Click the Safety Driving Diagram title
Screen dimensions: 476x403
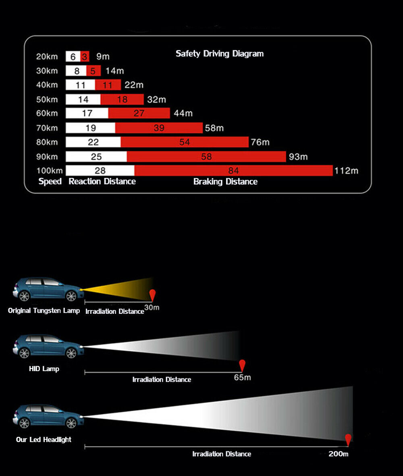(220, 54)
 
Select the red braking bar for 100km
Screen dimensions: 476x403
(233, 171)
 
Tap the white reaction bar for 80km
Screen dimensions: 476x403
(93, 142)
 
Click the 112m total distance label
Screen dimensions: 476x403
(346, 171)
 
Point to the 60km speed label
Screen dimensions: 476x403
(47, 113)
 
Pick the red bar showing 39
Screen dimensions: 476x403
(159, 128)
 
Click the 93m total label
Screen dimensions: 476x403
(298, 157)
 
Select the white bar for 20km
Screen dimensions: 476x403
(73, 57)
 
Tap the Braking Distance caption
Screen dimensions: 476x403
(225, 182)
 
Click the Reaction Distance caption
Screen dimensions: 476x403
(102, 182)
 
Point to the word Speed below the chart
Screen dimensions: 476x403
(50, 182)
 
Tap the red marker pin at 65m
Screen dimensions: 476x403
(242, 365)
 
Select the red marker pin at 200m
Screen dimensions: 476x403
(348, 440)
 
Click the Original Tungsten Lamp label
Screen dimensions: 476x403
(44, 311)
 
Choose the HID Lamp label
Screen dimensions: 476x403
(44, 369)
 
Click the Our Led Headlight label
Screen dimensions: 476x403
(44, 440)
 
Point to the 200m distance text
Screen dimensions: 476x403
(338, 454)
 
